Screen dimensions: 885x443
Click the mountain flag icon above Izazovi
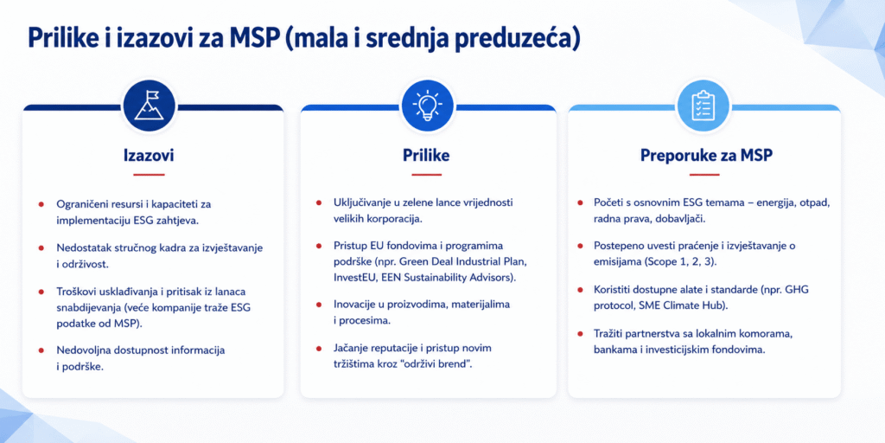click(x=149, y=106)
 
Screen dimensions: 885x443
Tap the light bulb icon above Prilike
click(x=427, y=106)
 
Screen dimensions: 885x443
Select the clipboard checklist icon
click(x=704, y=106)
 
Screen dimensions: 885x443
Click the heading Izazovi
click(x=149, y=156)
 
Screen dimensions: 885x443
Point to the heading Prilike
click(x=426, y=156)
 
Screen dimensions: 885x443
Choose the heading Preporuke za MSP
click(x=706, y=156)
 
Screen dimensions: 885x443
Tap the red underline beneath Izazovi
click(x=149, y=175)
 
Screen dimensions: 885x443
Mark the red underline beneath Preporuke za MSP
click(x=704, y=175)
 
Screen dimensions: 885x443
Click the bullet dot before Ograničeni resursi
click(x=41, y=203)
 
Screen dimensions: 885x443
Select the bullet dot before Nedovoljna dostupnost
click(x=41, y=350)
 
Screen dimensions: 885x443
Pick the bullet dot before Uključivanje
click(x=319, y=202)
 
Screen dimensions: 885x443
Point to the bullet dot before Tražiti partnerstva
click(x=580, y=333)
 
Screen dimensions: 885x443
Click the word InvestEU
click(x=353, y=278)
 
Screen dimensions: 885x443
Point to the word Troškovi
click(x=75, y=292)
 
